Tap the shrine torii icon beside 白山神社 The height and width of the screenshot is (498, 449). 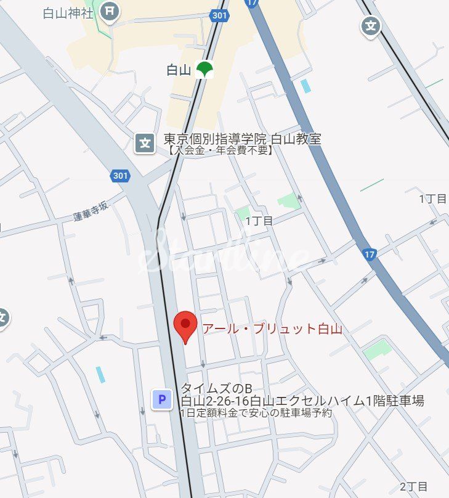click(x=110, y=10)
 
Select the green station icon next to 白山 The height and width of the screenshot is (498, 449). click(x=204, y=70)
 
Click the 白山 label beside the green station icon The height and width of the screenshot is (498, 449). click(x=179, y=70)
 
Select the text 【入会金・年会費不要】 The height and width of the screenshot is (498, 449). click(x=219, y=150)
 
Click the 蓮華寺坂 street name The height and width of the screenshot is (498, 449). click(x=91, y=210)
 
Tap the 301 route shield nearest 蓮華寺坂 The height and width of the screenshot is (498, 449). click(x=121, y=176)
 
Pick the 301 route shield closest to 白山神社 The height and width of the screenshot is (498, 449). click(x=219, y=15)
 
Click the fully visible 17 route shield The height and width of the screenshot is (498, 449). click(x=369, y=254)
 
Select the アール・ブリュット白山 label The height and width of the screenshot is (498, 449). click(x=272, y=329)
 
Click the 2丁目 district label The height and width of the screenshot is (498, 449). click(x=413, y=486)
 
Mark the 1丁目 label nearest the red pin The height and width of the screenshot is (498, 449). click(x=259, y=221)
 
